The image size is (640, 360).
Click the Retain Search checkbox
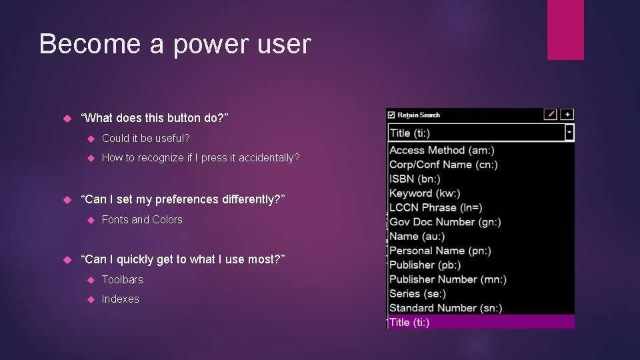click(x=391, y=115)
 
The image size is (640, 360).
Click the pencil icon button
click(x=550, y=115)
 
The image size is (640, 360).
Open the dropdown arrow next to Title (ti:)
click(x=569, y=133)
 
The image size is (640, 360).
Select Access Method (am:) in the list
click(x=441, y=151)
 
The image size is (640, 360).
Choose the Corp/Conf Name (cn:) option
click(x=443, y=165)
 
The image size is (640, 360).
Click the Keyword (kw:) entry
click(x=425, y=193)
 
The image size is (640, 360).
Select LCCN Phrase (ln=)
click(x=435, y=207)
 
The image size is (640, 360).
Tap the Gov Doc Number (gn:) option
click(x=445, y=222)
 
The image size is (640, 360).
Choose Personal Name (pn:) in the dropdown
click(x=440, y=251)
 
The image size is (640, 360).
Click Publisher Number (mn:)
click(x=447, y=279)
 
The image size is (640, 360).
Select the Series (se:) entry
click(x=417, y=293)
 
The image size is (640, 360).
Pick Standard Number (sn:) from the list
click(x=445, y=308)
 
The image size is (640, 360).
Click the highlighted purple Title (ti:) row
click(x=480, y=322)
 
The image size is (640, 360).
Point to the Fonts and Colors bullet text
click(x=142, y=219)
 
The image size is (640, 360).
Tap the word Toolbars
click(x=122, y=279)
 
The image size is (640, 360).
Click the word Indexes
click(x=120, y=299)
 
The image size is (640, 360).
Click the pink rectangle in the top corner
click(x=565, y=29)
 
